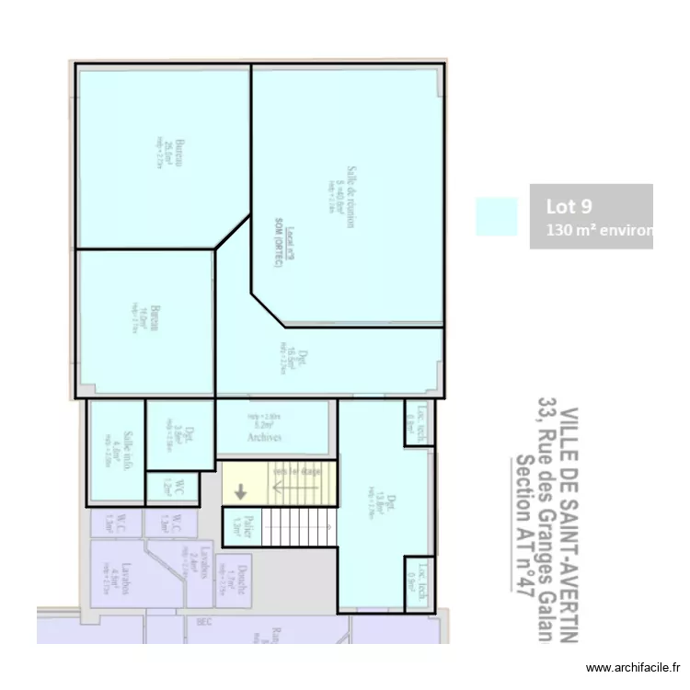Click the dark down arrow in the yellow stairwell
tap(240, 492)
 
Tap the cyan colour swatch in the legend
tap(496, 217)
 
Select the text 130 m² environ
tap(598, 230)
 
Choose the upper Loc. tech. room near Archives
tap(418, 426)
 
